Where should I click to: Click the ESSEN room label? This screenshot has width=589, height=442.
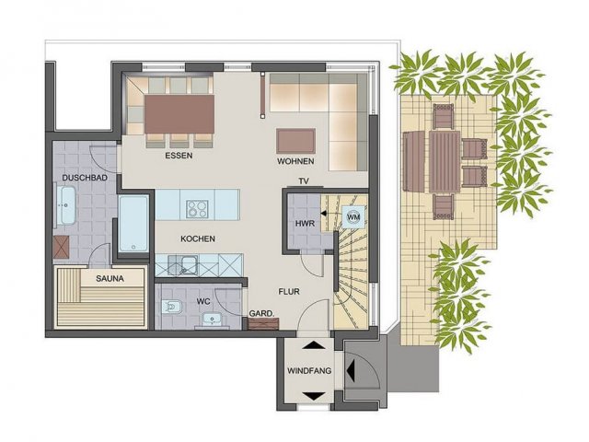pyautogui.click(x=179, y=156)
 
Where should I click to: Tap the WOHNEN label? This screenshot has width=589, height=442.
pyautogui.click(x=295, y=161)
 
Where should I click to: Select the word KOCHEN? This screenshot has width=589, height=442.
pyautogui.click(x=198, y=238)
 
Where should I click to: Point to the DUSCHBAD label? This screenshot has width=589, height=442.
pyautogui.click(x=85, y=178)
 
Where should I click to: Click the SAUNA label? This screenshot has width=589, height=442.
pyautogui.click(x=110, y=278)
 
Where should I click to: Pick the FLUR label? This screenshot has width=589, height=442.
pyautogui.click(x=289, y=291)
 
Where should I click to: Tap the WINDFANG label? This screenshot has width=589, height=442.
pyautogui.click(x=309, y=371)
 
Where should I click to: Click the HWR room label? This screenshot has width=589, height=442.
pyautogui.click(x=305, y=224)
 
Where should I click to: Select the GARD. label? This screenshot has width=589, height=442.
pyautogui.click(x=261, y=313)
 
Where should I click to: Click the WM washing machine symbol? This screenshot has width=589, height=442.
pyautogui.click(x=353, y=217)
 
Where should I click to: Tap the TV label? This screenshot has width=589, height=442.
pyautogui.click(x=304, y=181)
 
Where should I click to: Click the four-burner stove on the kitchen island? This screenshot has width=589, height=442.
pyautogui.click(x=197, y=209)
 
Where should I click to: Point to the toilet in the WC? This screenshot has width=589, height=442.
pyautogui.click(x=172, y=307)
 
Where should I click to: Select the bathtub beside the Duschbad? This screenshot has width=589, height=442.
pyautogui.click(x=133, y=224)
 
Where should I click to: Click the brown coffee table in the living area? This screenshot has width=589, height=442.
pyautogui.click(x=295, y=141)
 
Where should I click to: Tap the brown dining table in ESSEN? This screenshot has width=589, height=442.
pyautogui.click(x=179, y=114)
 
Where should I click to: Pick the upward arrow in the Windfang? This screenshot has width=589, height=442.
pyautogui.click(x=314, y=345)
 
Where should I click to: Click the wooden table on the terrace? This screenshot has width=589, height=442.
pyautogui.click(x=445, y=161)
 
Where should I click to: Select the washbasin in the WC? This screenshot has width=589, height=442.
pyautogui.click(x=213, y=320)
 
